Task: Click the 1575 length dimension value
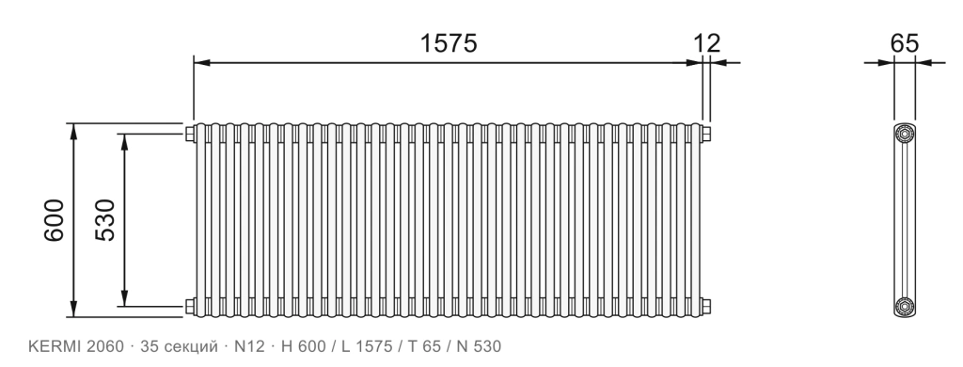tap(449, 43)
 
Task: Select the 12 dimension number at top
tap(707, 43)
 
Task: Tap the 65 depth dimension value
tap(905, 43)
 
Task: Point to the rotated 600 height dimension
tap(54, 220)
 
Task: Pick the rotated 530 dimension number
tap(105, 220)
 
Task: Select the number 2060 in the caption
tap(105, 346)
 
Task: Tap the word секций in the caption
tap(191, 347)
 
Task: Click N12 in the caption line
tap(249, 346)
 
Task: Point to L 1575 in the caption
tap(367, 346)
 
